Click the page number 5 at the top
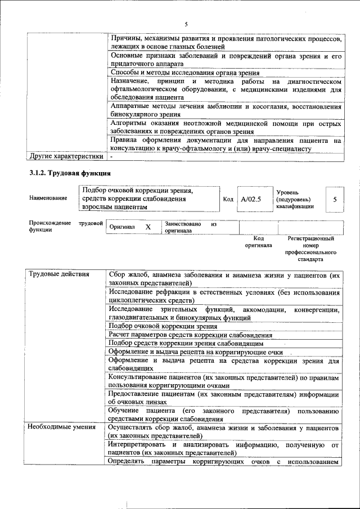coord(186,24)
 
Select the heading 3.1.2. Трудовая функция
coord(70,173)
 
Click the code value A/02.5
coord(251,199)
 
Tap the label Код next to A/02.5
coord(228,199)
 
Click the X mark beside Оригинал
coord(148,227)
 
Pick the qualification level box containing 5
coord(335,200)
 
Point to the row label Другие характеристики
coord(66,156)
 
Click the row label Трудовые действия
coord(58,274)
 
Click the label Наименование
coord(48,198)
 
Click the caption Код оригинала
coord(258,242)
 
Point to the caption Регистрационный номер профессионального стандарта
coord(310,249)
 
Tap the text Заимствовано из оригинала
coord(190,227)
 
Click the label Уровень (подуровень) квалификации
coord(295,199)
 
